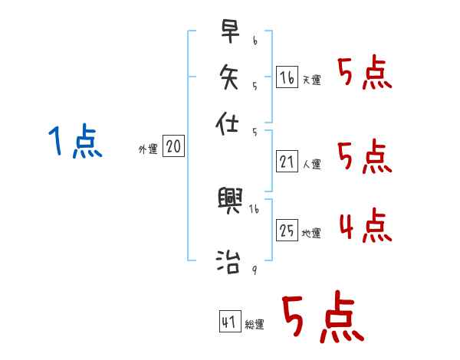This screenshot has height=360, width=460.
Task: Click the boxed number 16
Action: click(286, 77)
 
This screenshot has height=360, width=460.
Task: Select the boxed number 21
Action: click(286, 161)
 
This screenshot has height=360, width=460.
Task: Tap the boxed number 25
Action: click(286, 230)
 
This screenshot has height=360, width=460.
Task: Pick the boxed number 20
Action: click(173, 147)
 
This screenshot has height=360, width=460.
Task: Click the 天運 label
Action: click(311, 80)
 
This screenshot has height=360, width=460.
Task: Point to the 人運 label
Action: click(311, 163)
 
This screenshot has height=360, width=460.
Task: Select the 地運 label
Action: click(311, 233)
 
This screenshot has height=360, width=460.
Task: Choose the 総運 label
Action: click(255, 325)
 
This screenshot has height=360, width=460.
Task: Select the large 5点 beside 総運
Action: click(322, 319)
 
